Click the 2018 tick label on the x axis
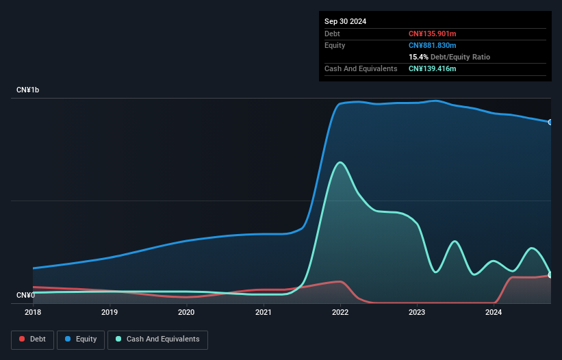coord(33,312)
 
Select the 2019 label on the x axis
coord(110,312)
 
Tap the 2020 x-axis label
coord(186,312)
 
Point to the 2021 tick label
coord(264,312)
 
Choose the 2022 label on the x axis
coord(340,312)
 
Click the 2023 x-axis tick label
coord(417,312)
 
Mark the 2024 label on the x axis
coord(494,312)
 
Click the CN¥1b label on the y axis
coord(28,90)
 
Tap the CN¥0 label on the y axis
coord(25,296)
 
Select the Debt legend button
coord(31,339)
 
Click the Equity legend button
coord(81,339)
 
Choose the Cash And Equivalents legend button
coord(157,339)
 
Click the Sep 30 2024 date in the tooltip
coord(345,21)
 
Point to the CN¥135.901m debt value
coord(432,34)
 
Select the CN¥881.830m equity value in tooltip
coord(432,45)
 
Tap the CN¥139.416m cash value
coord(432,68)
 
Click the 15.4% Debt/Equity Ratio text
coord(449,57)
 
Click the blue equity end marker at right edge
coord(550,122)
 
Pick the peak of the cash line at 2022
coord(340,162)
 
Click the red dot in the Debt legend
coord(23,339)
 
